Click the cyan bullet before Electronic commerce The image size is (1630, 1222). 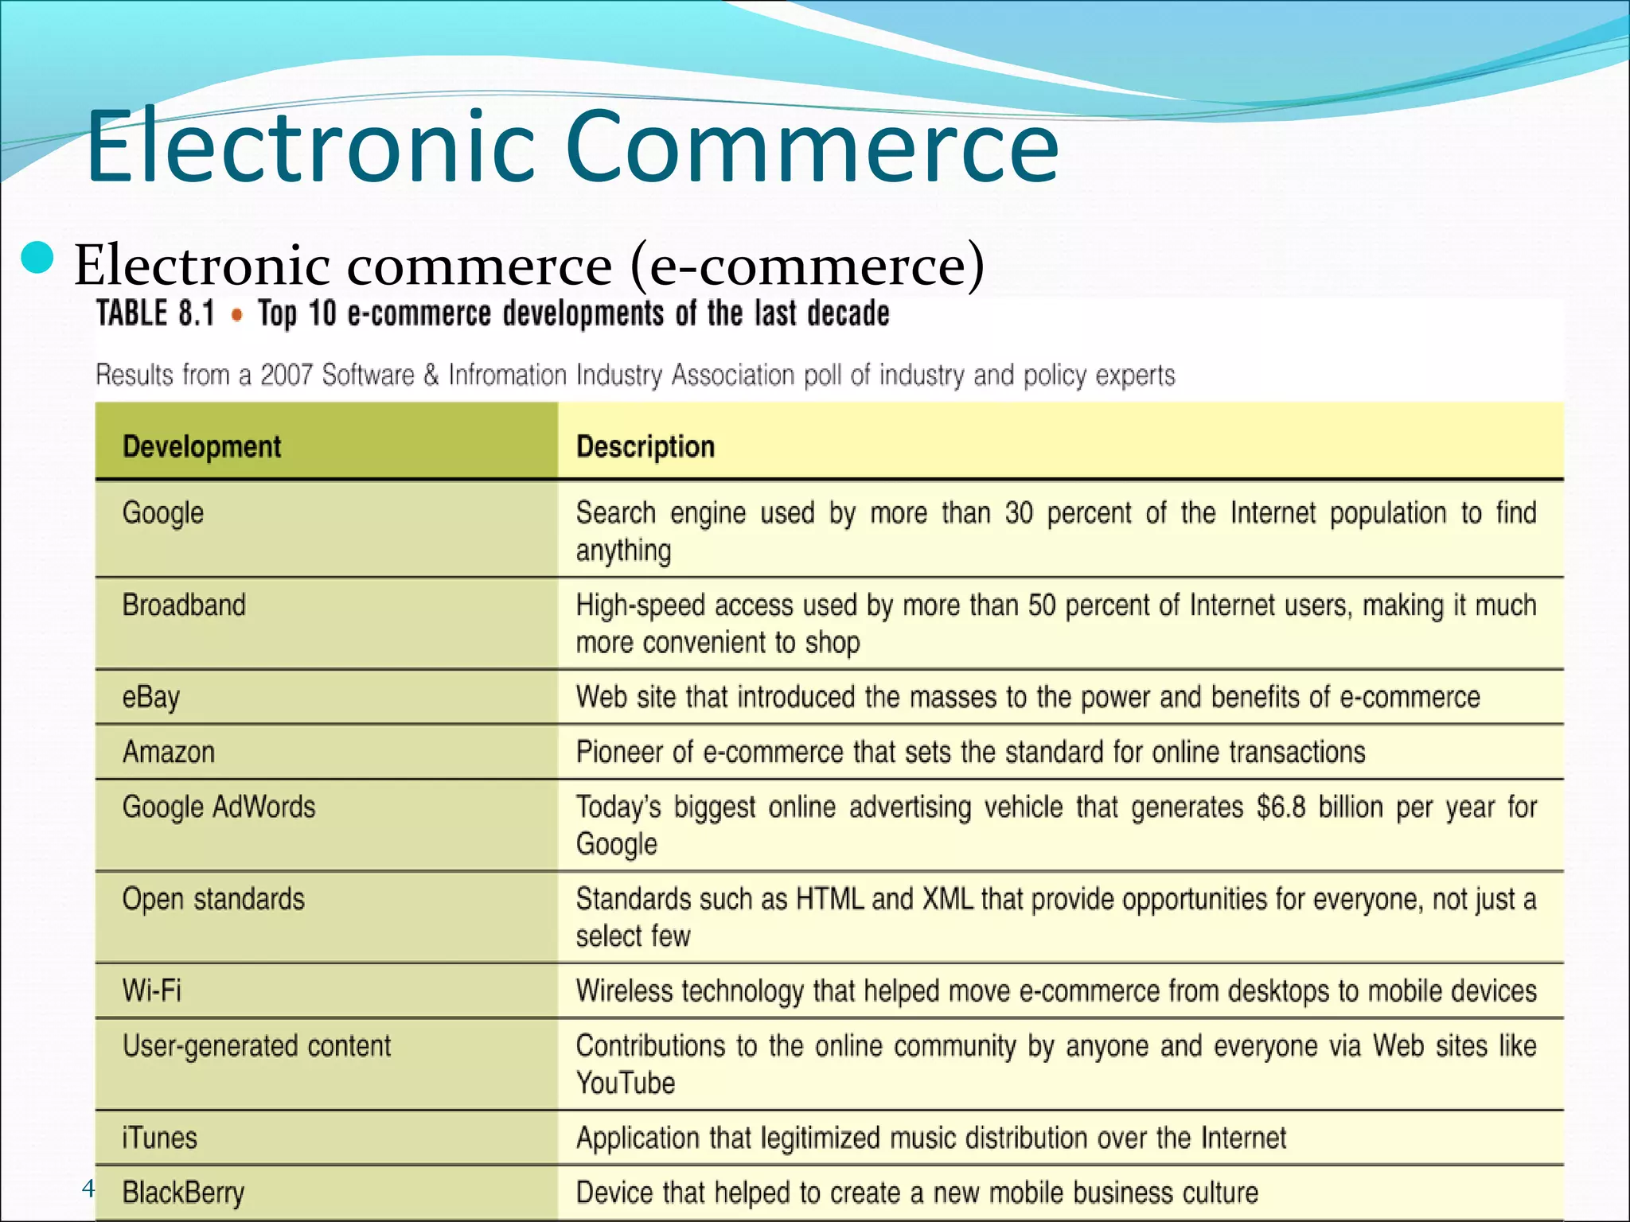click(x=37, y=259)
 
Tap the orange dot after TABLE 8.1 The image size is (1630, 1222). click(x=236, y=315)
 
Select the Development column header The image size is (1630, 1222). click(x=201, y=446)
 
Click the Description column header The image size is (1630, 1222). click(x=645, y=446)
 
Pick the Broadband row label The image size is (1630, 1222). click(x=184, y=605)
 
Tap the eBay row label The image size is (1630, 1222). click(x=151, y=698)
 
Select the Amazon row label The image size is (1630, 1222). click(x=169, y=752)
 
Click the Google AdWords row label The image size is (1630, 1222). click(x=219, y=807)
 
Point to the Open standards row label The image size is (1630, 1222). click(x=213, y=899)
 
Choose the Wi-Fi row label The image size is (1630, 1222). click(x=152, y=990)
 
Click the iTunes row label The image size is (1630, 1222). click(x=159, y=1138)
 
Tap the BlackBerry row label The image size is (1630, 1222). click(x=183, y=1193)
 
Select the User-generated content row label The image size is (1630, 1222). click(x=256, y=1046)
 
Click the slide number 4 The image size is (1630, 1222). click(x=88, y=1189)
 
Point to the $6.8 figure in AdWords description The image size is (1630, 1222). click(x=1281, y=808)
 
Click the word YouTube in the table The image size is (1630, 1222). click(x=626, y=1083)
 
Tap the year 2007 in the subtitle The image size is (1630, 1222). click(x=287, y=375)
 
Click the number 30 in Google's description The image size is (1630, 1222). click(x=1019, y=513)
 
